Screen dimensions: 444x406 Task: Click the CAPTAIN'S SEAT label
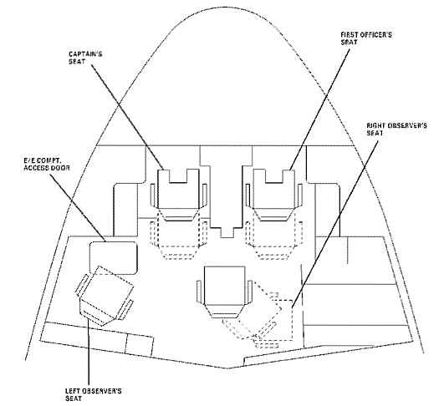tap(85, 58)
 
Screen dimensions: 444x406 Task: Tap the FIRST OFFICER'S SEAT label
tap(366, 38)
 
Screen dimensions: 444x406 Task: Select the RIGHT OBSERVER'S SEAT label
tap(396, 129)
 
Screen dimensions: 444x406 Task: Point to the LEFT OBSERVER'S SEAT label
tap(93, 394)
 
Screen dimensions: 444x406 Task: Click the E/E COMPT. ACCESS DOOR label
tap(47, 164)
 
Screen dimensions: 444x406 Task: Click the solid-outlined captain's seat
tap(178, 195)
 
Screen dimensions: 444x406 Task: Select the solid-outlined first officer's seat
tap(273, 195)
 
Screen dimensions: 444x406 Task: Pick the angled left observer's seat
tap(105, 296)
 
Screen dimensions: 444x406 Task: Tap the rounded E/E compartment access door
tap(114, 258)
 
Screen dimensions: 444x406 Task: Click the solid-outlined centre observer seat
tap(225, 292)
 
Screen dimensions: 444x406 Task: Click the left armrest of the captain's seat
tap(153, 195)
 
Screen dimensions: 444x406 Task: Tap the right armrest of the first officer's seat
tap(299, 195)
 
